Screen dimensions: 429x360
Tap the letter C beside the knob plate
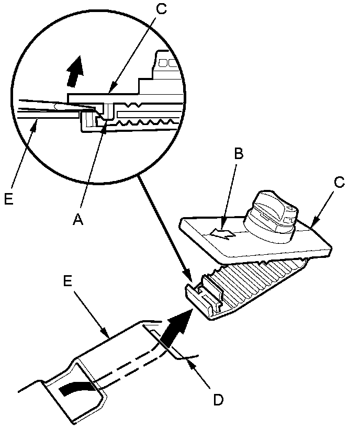click(x=340, y=183)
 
